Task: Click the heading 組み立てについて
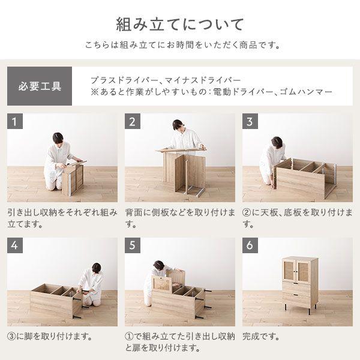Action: click(x=179, y=25)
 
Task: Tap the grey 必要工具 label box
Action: click(x=40, y=86)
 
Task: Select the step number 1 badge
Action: click(x=15, y=121)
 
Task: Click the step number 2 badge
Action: click(x=133, y=121)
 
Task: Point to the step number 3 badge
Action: click(x=250, y=121)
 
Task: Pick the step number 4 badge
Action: click(x=15, y=245)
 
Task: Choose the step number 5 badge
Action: click(x=133, y=245)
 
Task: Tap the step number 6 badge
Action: click(x=250, y=245)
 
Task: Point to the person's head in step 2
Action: click(x=178, y=125)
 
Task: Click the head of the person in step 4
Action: click(x=97, y=269)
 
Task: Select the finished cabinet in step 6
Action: click(x=300, y=285)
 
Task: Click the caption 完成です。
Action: click(x=261, y=337)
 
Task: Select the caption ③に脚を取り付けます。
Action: click(x=50, y=337)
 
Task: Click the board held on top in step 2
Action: click(x=181, y=150)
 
